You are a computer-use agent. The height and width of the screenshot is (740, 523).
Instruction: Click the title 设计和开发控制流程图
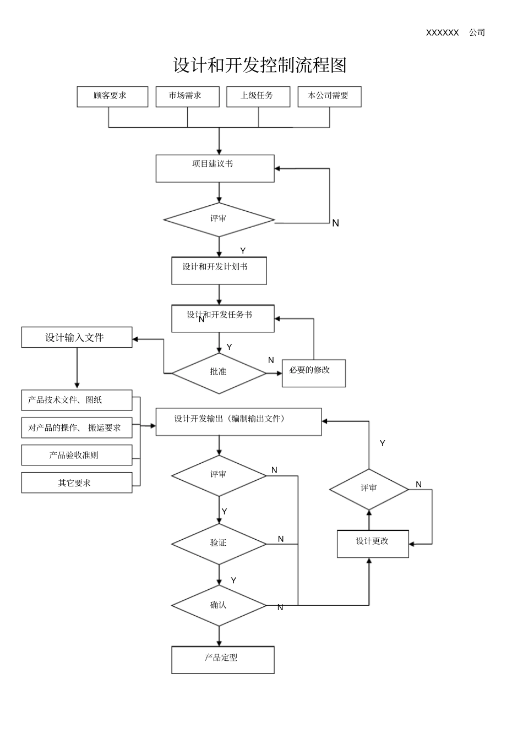pyautogui.click(x=260, y=65)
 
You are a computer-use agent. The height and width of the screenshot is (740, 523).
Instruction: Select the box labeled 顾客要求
pyautogui.click(x=112, y=96)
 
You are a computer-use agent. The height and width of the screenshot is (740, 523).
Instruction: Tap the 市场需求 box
pyautogui.click(x=187, y=96)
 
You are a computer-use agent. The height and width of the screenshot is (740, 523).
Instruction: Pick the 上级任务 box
pyautogui.click(x=258, y=96)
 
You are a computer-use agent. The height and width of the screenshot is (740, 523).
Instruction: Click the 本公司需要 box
pyautogui.click(x=329, y=96)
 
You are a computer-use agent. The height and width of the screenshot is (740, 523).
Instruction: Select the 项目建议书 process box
pyautogui.click(x=215, y=168)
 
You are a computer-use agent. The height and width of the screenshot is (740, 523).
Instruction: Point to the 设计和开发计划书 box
pyautogui.click(x=219, y=271)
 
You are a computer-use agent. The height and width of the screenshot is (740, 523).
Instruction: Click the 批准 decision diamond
pyautogui.click(x=219, y=372)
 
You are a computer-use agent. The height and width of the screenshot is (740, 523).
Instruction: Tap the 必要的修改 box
pyautogui.click(x=314, y=373)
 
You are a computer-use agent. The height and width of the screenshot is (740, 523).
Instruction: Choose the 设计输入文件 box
pyautogui.click(x=77, y=337)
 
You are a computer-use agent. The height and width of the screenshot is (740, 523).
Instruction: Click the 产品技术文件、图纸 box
pyautogui.click(x=77, y=400)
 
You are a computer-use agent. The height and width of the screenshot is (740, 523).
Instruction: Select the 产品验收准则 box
pyautogui.click(x=77, y=455)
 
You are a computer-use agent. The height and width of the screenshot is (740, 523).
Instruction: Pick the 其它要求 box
pyautogui.click(x=77, y=483)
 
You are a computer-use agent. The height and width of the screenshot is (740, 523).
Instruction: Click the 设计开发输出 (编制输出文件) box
pyautogui.click(x=238, y=421)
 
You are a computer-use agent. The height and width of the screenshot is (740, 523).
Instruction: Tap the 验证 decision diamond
pyautogui.click(x=219, y=544)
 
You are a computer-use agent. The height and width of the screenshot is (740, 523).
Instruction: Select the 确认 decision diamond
pyautogui.click(x=219, y=605)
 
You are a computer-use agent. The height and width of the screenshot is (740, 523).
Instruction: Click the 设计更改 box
pyautogui.click(x=373, y=544)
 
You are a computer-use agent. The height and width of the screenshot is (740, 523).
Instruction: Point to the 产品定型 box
pyautogui.click(x=222, y=660)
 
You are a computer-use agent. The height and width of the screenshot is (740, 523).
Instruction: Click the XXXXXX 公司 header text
pyautogui.click(x=455, y=32)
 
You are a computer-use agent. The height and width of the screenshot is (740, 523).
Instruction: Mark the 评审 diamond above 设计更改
pyautogui.click(x=369, y=489)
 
